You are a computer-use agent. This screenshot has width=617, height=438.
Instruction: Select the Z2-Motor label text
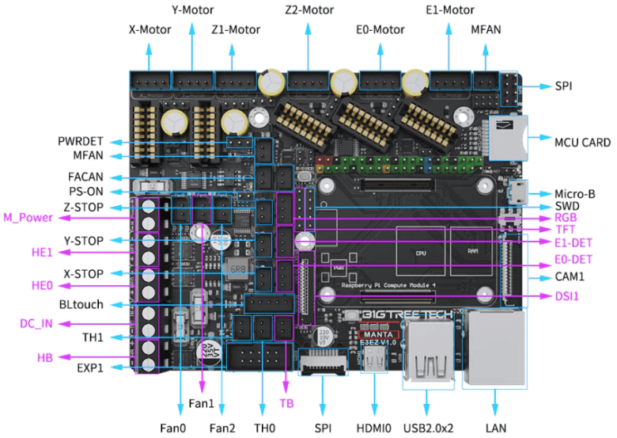click(308, 11)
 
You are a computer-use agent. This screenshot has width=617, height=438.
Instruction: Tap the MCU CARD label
click(581, 143)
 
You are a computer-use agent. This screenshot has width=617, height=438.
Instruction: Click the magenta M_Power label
click(29, 218)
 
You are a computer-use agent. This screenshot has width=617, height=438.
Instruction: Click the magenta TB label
click(286, 403)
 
